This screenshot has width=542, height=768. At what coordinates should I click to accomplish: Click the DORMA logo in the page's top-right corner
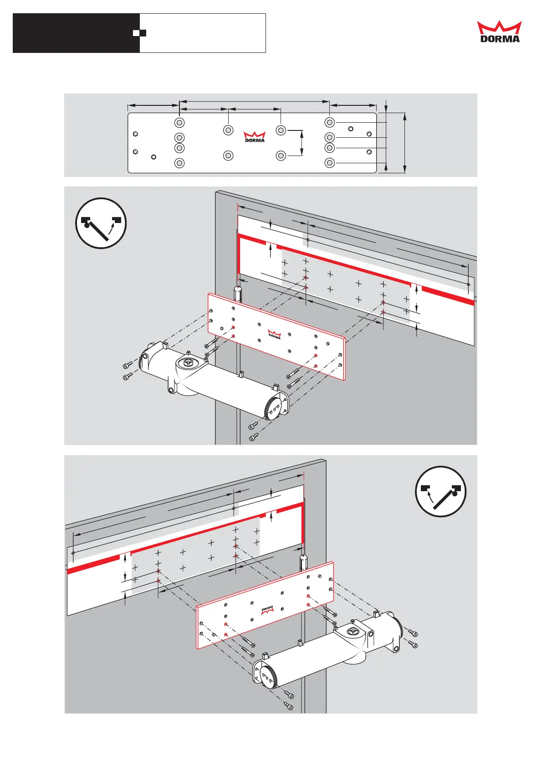pos(499,32)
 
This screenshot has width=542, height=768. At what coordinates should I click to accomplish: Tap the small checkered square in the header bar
pos(143,33)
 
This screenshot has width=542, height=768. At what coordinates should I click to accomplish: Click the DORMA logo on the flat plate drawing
pos(255,137)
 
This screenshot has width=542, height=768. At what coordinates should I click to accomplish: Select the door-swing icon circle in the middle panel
pos(101,223)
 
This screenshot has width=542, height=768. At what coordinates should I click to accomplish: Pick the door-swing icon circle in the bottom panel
pos(440,491)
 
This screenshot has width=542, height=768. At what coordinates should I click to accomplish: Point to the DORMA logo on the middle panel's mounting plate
pos(274,334)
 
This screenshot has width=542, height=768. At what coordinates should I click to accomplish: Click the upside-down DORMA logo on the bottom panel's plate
pos(268,610)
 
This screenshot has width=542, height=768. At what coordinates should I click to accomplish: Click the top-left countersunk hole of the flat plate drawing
pos(179,123)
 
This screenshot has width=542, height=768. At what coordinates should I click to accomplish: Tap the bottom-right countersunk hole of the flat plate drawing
pos(330,163)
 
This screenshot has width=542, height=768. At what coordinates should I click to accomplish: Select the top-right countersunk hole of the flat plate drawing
pos(330,123)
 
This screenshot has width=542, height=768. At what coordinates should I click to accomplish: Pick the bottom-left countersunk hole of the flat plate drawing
pos(179,163)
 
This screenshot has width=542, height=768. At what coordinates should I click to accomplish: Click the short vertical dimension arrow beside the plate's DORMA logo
pos(302,143)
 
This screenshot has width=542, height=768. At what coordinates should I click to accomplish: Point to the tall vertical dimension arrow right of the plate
pos(404,143)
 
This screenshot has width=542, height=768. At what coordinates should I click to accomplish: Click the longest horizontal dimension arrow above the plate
pos(254,101)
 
